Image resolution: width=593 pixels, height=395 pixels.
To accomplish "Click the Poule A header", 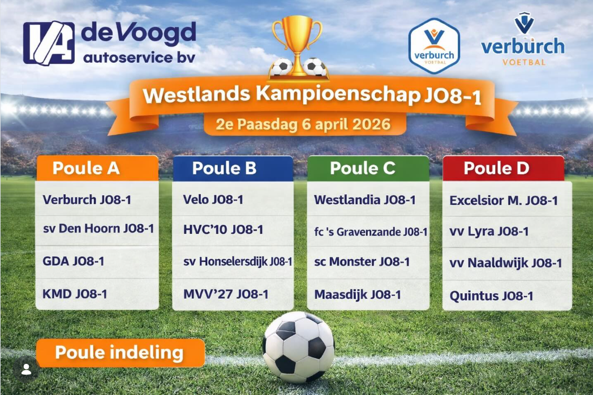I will point(97,168).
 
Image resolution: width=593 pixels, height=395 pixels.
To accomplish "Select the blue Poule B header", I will point(233,168).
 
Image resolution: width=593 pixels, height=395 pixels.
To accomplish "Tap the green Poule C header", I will point(368,168).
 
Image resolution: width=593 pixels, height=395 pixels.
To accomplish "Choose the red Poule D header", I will point(503,168).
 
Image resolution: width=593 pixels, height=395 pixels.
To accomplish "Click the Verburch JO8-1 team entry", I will point(87,200).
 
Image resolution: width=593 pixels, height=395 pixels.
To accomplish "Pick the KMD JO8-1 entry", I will point(75,294).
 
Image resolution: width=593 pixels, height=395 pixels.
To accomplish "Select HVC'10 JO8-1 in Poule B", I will point(223,230).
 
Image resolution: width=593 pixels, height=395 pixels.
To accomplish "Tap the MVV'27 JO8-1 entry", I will point(225,294).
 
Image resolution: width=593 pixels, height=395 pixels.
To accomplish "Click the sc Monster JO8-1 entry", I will point(362,262).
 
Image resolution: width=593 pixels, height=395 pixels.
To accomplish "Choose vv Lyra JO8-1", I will point(489,231).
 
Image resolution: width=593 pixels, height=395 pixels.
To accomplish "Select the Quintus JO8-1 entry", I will point(491,296).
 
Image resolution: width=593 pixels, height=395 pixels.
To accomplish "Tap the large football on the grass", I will point(298,347).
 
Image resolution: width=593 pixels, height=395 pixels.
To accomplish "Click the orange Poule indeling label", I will point(120,353).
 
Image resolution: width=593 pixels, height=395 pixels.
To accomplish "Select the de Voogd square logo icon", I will point(49,43).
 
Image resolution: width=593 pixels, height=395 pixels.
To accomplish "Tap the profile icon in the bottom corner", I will point(26,370).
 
